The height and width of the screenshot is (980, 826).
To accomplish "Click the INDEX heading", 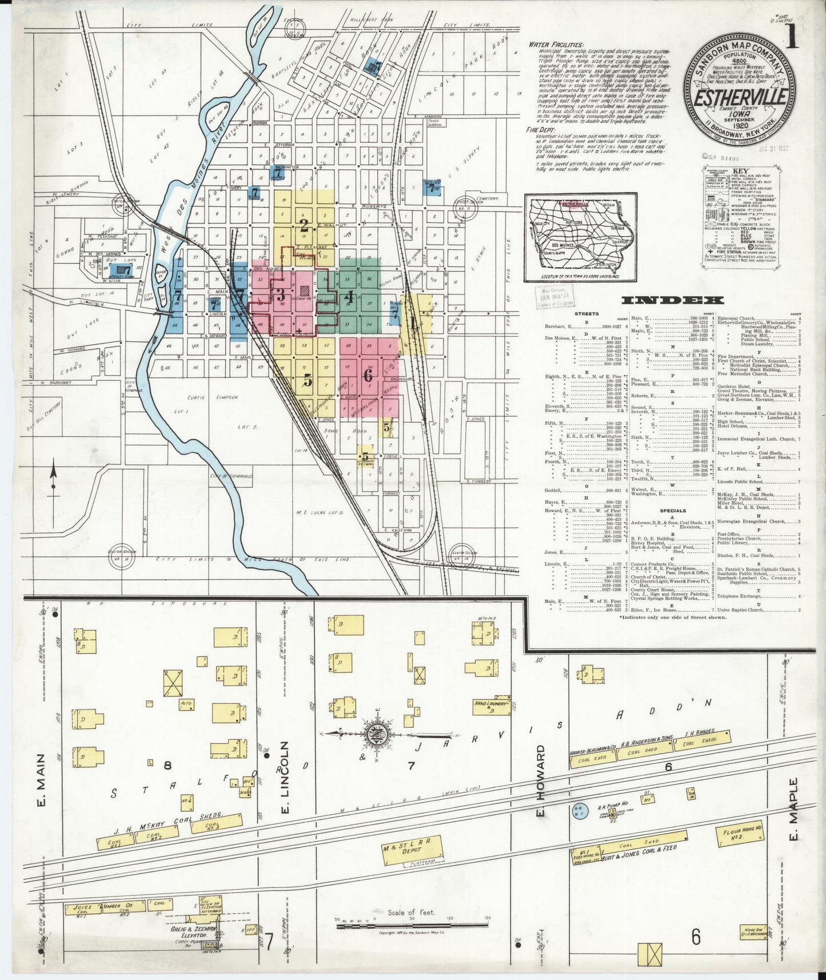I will click(672, 300).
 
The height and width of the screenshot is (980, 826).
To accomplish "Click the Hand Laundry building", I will click(491, 707).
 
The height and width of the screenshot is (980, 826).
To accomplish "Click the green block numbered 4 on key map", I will click(350, 297).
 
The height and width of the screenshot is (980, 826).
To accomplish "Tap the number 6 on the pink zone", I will click(368, 376).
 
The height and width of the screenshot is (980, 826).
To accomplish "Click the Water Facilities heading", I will click(556, 44).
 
